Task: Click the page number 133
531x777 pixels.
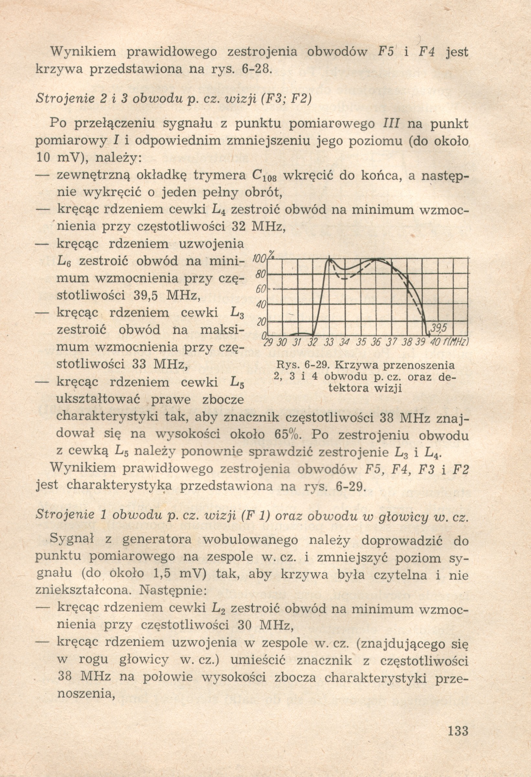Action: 458,731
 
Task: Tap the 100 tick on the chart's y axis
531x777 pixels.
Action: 258,258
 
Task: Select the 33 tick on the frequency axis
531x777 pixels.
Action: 329,343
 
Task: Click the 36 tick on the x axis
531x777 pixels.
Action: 375,343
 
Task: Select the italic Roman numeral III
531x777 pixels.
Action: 390,124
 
